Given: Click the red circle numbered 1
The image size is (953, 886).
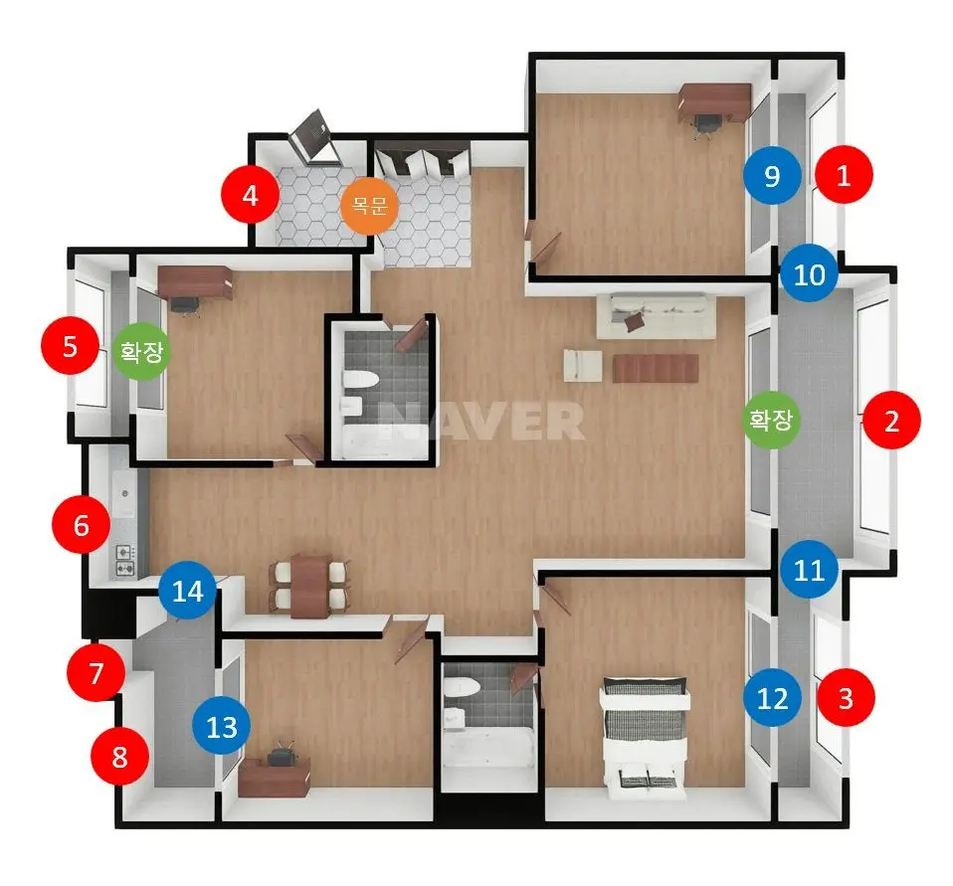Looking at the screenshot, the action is pyautogui.click(x=844, y=175).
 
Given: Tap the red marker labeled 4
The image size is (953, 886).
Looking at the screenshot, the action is pyautogui.click(x=250, y=196).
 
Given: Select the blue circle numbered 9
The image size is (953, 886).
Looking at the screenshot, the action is pyautogui.click(x=772, y=176).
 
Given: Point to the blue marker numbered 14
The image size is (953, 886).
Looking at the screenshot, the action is pyautogui.click(x=187, y=590).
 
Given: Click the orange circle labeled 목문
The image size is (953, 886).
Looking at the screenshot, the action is pyautogui.click(x=369, y=206).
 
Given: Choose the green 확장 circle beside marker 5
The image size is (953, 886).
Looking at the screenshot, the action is pyautogui.click(x=141, y=351).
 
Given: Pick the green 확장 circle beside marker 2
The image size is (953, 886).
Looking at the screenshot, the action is pyautogui.click(x=771, y=420).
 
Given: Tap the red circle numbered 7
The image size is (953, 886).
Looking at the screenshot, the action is pyautogui.click(x=96, y=672).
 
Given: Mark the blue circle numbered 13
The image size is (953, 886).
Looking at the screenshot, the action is pyautogui.click(x=221, y=726).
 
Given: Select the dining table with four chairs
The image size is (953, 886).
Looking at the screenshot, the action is pyautogui.click(x=310, y=586).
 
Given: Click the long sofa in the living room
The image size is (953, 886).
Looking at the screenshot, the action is pyautogui.click(x=656, y=315).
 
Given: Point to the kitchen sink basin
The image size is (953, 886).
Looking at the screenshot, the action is pyautogui.click(x=123, y=493).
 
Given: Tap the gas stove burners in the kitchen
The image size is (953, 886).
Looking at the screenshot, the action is pyautogui.click(x=125, y=560).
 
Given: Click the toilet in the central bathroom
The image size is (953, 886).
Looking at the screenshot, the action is pyautogui.click(x=360, y=379).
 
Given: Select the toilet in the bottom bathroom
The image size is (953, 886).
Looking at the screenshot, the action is pyautogui.click(x=461, y=687).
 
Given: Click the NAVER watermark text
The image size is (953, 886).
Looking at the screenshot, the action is pyautogui.click(x=481, y=421).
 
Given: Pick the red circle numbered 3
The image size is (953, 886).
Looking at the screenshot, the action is pyautogui.click(x=846, y=697).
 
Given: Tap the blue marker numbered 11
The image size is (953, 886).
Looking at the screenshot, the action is pyautogui.click(x=809, y=570).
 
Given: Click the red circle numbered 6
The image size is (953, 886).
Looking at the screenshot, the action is pyautogui.click(x=81, y=524).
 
